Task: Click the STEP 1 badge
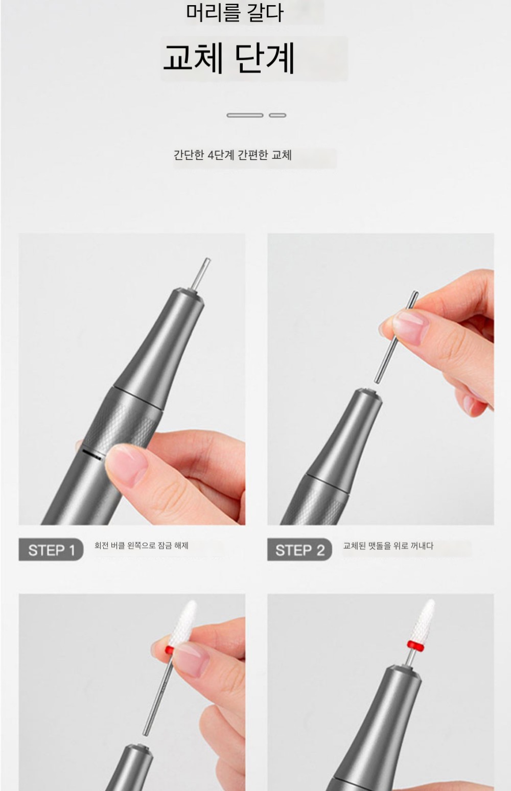click(51, 550)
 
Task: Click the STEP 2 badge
click(299, 550)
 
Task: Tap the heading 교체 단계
click(229, 59)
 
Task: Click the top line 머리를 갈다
click(235, 13)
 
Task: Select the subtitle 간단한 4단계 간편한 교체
click(233, 155)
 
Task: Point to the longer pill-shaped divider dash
click(245, 115)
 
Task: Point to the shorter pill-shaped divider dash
click(277, 115)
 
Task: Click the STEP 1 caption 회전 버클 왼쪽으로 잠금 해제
click(141, 546)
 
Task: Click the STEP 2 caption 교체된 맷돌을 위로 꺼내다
click(388, 546)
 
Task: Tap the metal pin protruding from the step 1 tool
click(201, 274)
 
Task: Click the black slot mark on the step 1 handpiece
click(92, 454)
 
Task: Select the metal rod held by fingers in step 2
click(397, 337)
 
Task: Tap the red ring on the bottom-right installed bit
click(416, 645)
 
